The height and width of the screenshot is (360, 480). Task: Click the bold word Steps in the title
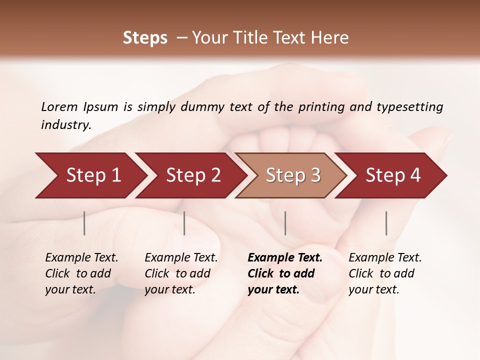[145, 38]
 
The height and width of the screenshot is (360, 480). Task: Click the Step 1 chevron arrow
[90, 175]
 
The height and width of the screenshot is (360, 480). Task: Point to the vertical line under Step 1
[84, 223]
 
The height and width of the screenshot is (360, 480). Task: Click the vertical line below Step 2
[184, 223]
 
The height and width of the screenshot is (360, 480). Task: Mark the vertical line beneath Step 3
[285, 223]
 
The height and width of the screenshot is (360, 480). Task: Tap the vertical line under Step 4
[386, 223]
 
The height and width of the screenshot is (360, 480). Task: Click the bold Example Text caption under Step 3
[284, 273]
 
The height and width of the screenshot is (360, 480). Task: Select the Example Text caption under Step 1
[81, 273]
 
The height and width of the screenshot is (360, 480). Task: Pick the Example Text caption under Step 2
[181, 273]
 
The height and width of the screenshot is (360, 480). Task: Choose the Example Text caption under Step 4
[385, 273]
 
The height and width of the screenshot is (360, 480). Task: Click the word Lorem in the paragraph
[59, 106]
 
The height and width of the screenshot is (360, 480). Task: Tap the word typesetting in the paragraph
[409, 106]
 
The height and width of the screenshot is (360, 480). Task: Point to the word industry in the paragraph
[65, 124]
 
